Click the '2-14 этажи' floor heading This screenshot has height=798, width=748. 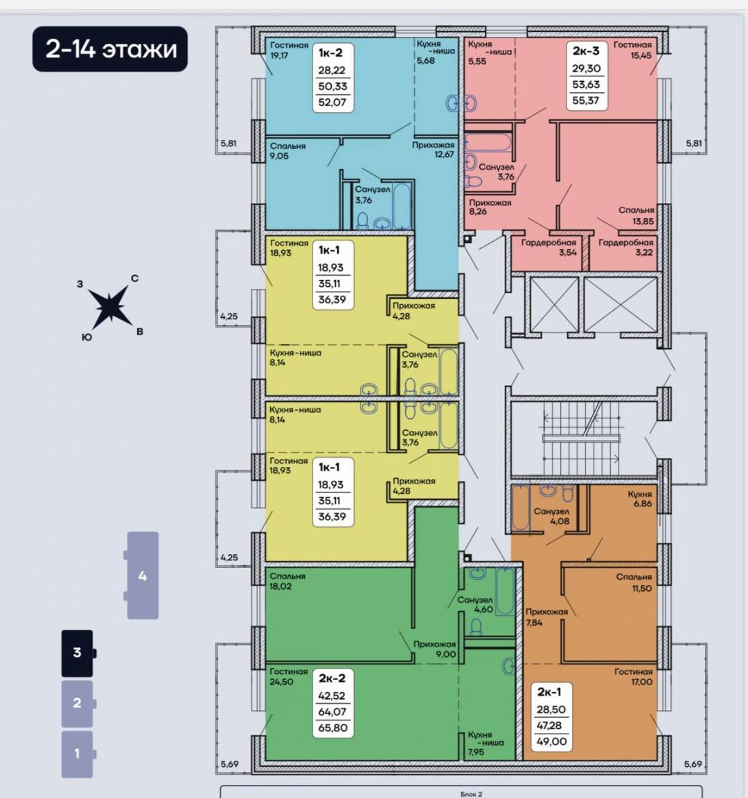[x=111, y=49]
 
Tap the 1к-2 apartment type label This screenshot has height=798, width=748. [x=330, y=53]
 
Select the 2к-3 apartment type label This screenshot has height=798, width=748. [x=586, y=51]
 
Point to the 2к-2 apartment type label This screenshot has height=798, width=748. [x=332, y=678]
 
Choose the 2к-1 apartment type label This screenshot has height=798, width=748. [x=549, y=691]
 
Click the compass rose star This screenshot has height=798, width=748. [x=108, y=306]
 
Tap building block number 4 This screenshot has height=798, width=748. [x=142, y=576]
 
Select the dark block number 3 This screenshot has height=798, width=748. [x=78, y=653]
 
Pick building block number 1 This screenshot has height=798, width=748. [x=78, y=754]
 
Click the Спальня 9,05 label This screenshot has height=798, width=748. [x=288, y=150]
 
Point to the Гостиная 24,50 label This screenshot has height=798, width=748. [x=289, y=676]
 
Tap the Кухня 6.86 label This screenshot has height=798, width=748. [x=640, y=499]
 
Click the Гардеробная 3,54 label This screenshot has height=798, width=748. [x=549, y=247]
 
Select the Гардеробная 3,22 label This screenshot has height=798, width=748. [x=625, y=247]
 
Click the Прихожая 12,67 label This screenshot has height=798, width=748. [x=434, y=150]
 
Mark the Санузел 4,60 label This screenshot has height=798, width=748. [x=475, y=605]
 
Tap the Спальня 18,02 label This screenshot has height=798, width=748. [x=287, y=580]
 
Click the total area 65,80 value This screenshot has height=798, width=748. [x=332, y=728]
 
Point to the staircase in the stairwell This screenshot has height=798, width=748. [x=582, y=438]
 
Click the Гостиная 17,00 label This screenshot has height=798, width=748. [x=633, y=676]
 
